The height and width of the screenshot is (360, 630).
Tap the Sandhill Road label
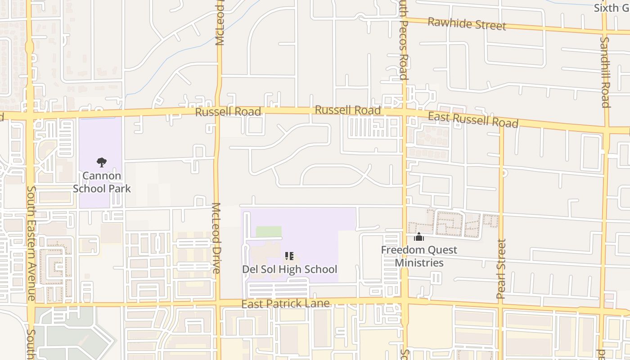pos(605,72)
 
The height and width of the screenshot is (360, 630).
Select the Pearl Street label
pos(501,269)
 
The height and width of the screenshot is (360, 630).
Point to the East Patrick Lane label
pos(285,304)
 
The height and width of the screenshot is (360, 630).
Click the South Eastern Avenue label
pos(31,243)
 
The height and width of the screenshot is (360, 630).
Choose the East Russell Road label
pos(473,120)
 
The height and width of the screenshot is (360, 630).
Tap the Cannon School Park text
pos(102,182)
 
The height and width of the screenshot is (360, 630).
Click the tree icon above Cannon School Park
pos(102,162)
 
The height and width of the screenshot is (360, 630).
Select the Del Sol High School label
pos(289,269)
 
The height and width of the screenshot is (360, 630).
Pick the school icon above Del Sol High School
pos(289,256)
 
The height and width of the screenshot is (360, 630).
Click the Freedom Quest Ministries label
pos(419,256)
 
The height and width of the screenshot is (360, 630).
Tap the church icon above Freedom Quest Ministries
pos(419,237)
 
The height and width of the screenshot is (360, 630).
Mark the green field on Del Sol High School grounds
pos(269,231)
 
